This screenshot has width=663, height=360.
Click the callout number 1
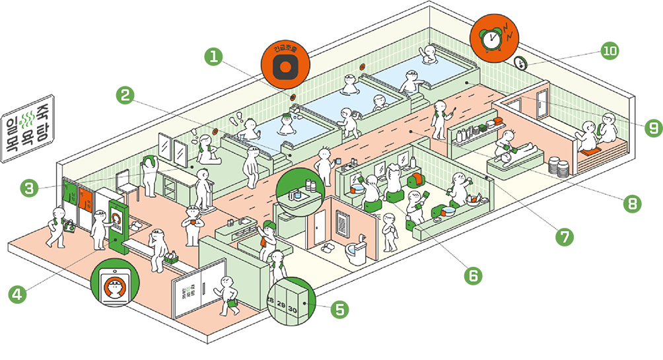click(213, 56)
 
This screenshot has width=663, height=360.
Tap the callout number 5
click(339, 309)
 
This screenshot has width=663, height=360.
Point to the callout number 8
click(633, 203)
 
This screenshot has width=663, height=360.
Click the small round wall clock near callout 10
click(520, 63)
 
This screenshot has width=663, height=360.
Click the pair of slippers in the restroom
click(326, 249)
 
